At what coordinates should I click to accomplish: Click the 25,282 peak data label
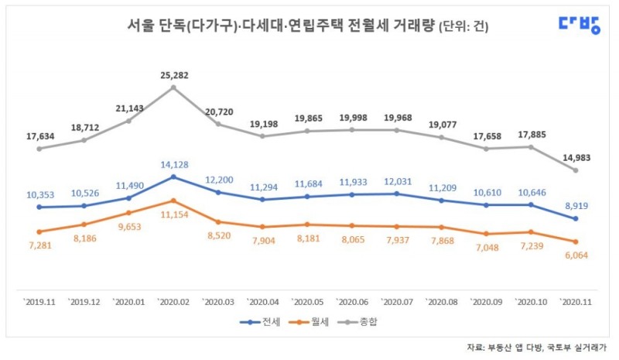pyautogui.click(x=173, y=76)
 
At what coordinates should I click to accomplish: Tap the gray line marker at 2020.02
pyautogui.click(x=173, y=87)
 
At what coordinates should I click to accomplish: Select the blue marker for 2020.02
pyautogui.click(x=173, y=177)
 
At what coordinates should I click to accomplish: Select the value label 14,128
pyautogui.click(x=173, y=164)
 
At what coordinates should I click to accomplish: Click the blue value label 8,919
pyautogui.click(x=576, y=206)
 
